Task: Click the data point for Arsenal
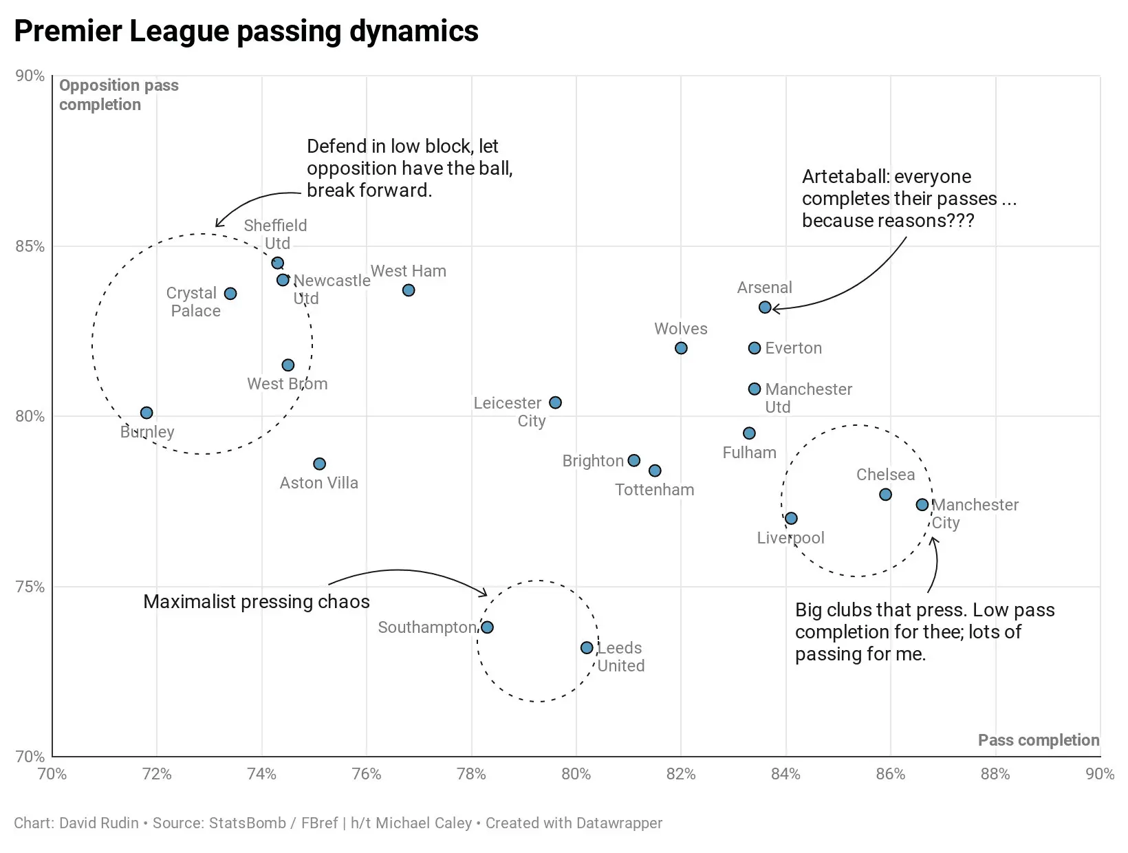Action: click(x=765, y=307)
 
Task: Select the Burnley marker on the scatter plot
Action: click(x=147, y=413)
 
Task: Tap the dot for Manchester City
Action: click(x=922, y=505)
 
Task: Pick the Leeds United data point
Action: click(x=587, y=648)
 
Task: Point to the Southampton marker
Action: click(x=487, y=627)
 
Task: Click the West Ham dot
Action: click(x=409, y=290)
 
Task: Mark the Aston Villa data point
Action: click(x=319, y=464)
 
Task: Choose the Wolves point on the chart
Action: click(x=681, y=348)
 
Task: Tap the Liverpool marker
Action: click(x=791, y=519)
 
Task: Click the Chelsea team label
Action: click(x=885, y=475)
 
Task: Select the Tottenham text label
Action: click(x=654, y=490)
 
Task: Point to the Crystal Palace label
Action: click(x=193, y=302)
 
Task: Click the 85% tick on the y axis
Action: click(x=30, y=246)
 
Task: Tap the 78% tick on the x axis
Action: click(x=471, y=774)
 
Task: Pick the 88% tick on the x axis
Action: click(x=995, y=774)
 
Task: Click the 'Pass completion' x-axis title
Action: click(x=1038, y=740)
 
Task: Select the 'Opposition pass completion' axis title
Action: click(x=118, y=95)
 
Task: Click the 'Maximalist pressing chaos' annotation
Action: click(x=256, y=602)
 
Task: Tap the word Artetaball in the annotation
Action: click(x=843, y=177)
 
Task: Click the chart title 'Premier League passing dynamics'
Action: click(x=246, y=32)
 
